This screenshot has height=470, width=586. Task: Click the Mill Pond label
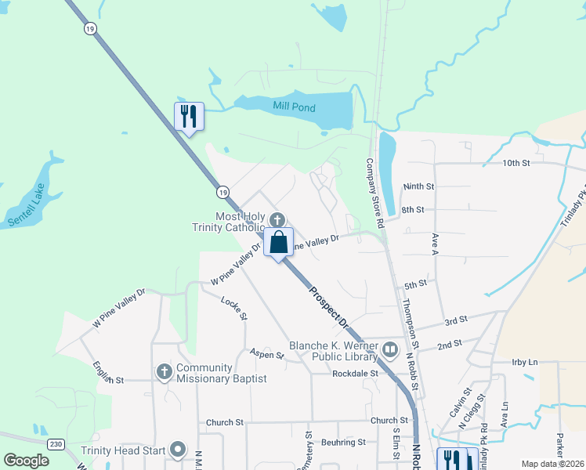pyautogui.click(x=294, y=107)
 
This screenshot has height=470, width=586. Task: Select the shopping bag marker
pyautogui.click(x=278, y=242)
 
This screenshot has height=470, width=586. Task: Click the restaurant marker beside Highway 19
pyautogui.click(x=189, y=117)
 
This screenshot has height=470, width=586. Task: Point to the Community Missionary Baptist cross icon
pyautogui.click(x=164, y=371)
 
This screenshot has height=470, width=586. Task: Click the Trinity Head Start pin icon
pyautogui.click(x=178, y=450)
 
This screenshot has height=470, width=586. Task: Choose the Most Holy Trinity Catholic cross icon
pyautogui.click(x=276, y=219)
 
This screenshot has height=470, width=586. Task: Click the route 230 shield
pyautogui.click(x=55, y=443)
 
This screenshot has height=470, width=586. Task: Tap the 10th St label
pyautogui.click(x=516, y=163)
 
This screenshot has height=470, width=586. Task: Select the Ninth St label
pyautogui.click(x=418, y=187)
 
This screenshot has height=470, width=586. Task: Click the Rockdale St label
pyautogui.click(x=355, y=374)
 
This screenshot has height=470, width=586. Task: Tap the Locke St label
pyautogui.click(x=233, y=306)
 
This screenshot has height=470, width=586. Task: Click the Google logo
pyautogui.click(x=27, y=461)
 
